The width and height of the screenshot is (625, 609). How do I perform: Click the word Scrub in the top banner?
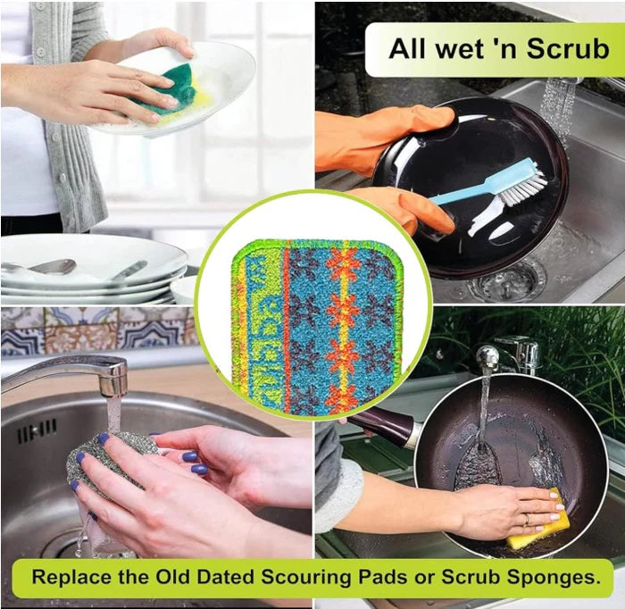point(569,48)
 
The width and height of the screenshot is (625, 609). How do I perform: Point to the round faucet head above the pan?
point(487,354)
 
